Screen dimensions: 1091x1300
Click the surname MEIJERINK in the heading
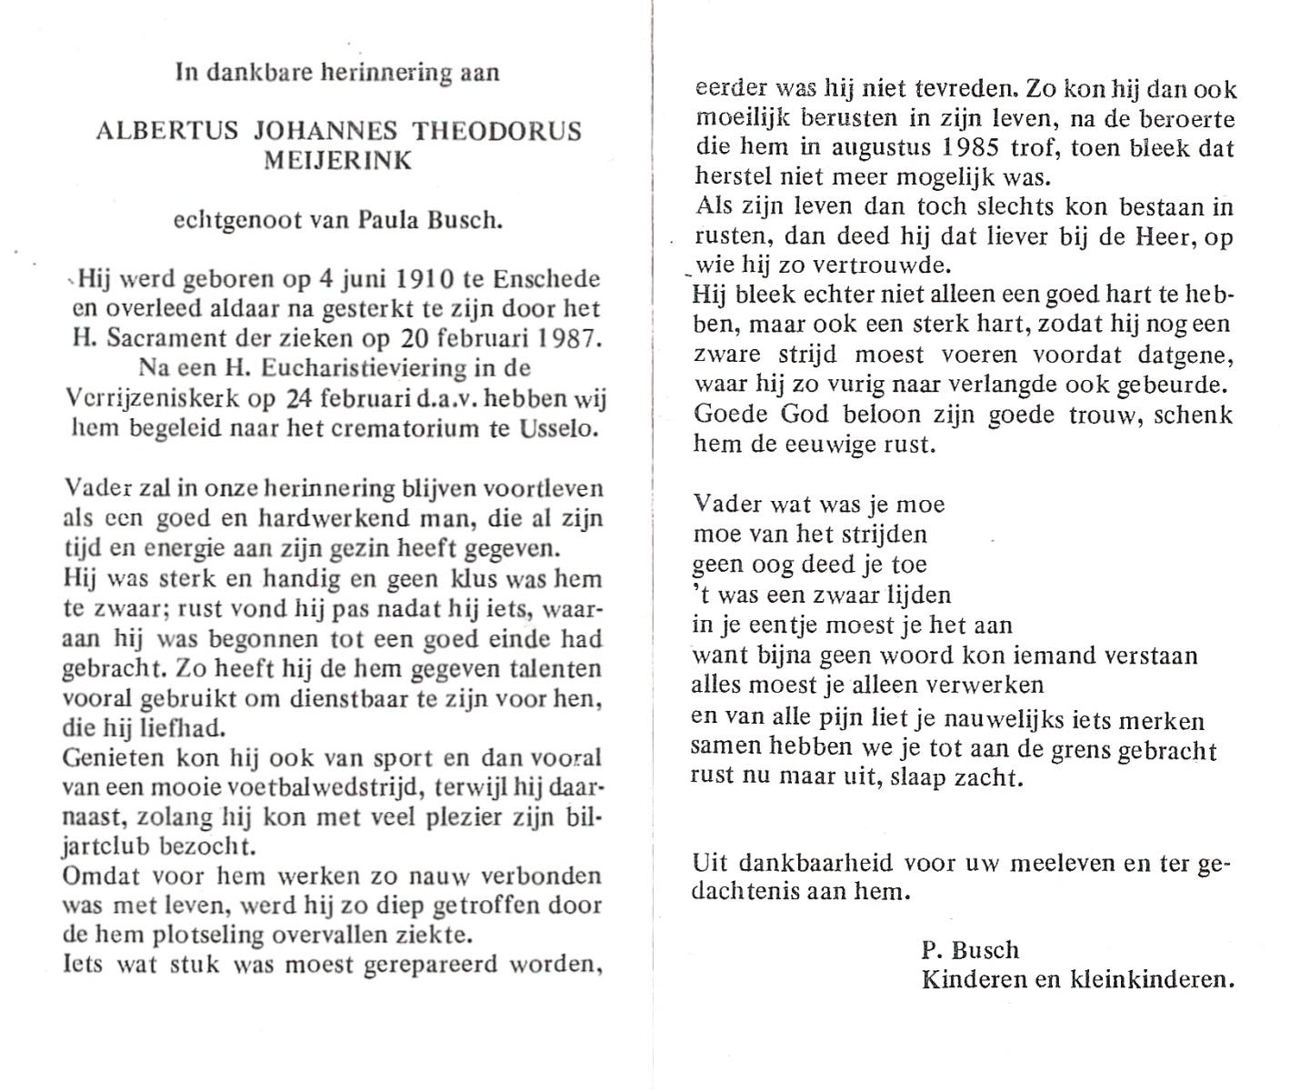pyautogui.click(x=337, y=161)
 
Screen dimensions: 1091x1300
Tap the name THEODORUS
pyautogui.click(x=496, y=130)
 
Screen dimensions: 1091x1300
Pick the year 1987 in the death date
pyautogui.click(x=568, y=339)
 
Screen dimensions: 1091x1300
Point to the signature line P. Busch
pyautogui.click(x=970, y=950)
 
